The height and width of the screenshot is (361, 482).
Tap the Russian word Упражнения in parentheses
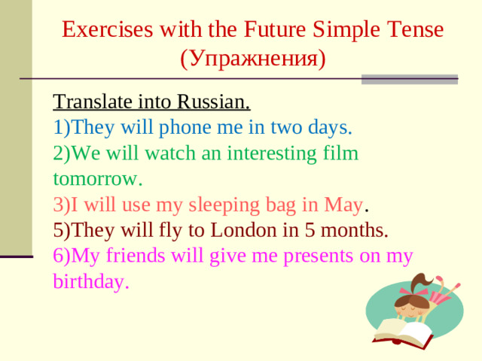click(253, 59)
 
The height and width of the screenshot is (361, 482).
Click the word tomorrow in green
click(97, 179)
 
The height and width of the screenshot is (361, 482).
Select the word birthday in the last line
click(91, 282)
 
